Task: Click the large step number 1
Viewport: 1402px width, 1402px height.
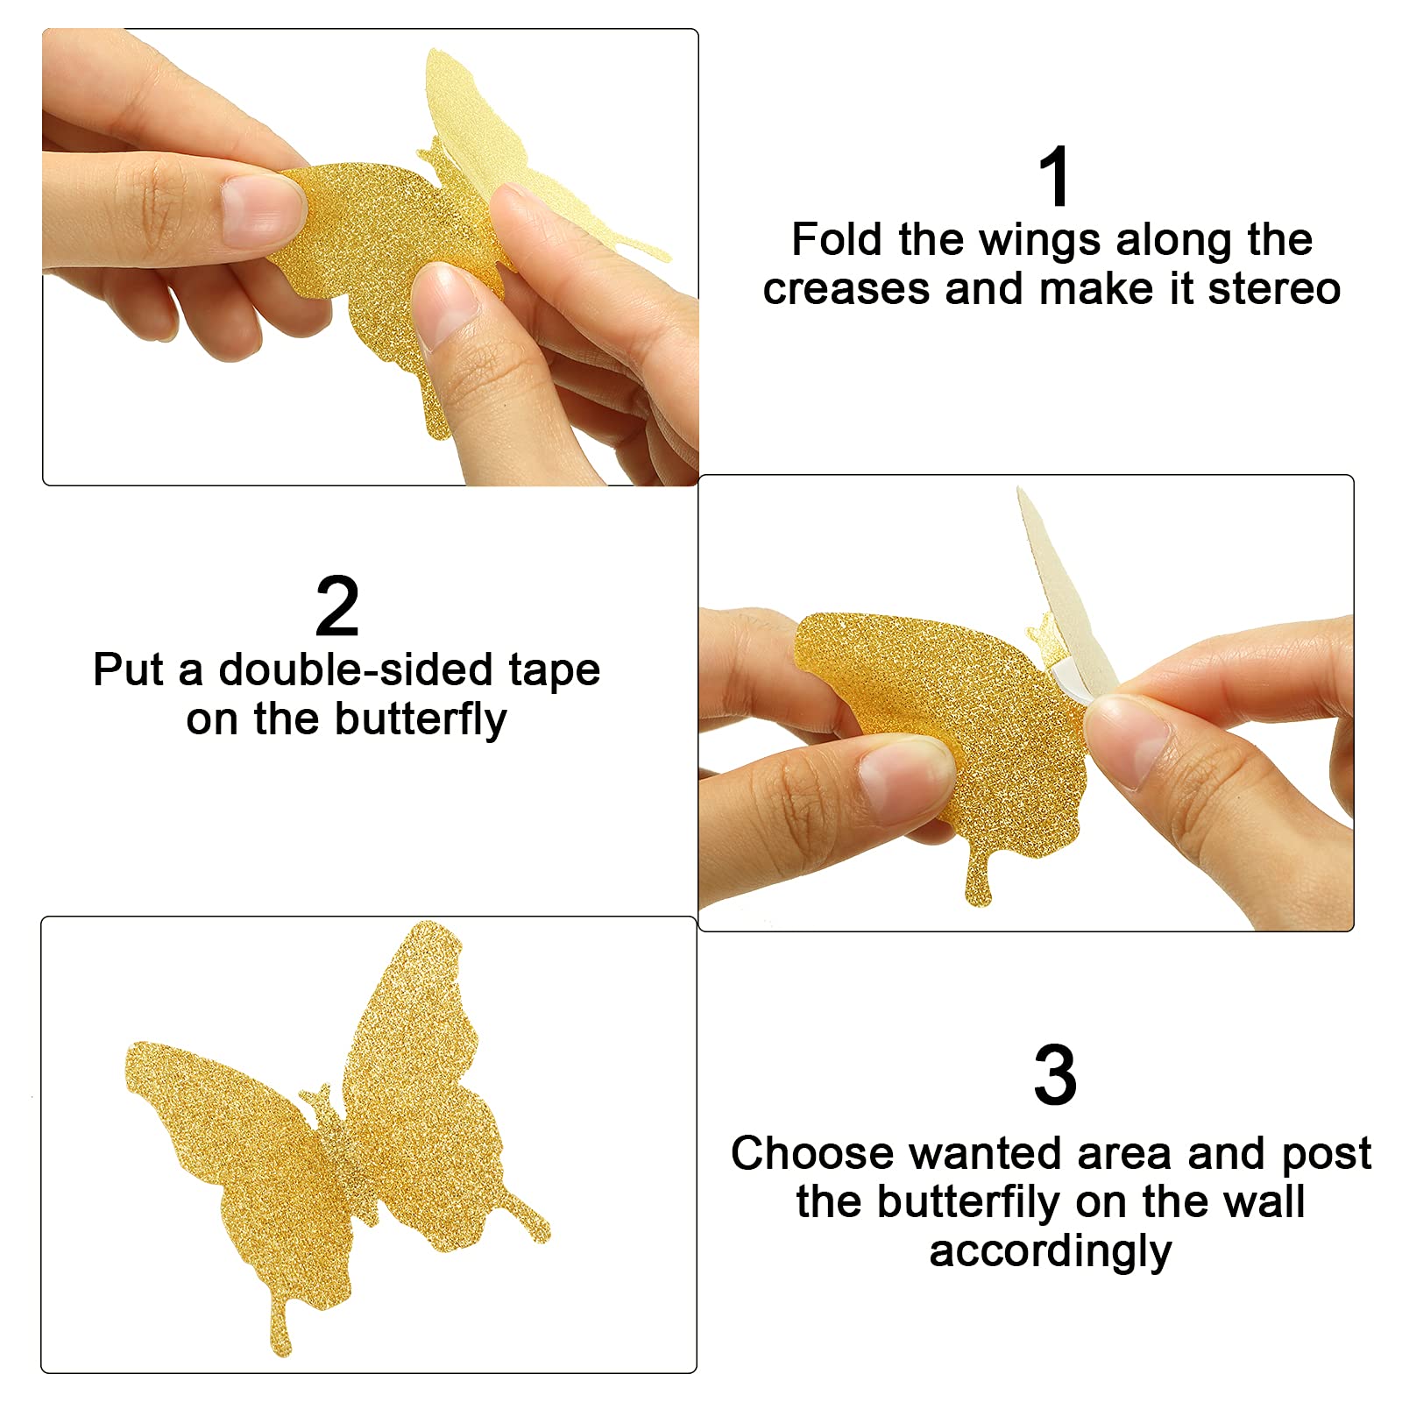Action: pyautogui.click(x=1055, y=178)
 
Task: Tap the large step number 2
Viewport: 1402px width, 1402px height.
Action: pyautogui.click(x=337, y=606)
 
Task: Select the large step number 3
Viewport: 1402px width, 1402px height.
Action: pyautogui.click(x=1055, y=1076)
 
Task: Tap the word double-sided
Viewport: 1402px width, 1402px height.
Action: pyautogui.click(x=356, y=670)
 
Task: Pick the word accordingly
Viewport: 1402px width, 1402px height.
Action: pyautogui.click(x=1051, y=1251)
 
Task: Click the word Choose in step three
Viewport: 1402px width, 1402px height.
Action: pyautogui.click(x=811, y=1153)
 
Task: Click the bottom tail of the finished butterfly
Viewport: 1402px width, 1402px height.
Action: pyautogui.click(x=281, y=1323)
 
